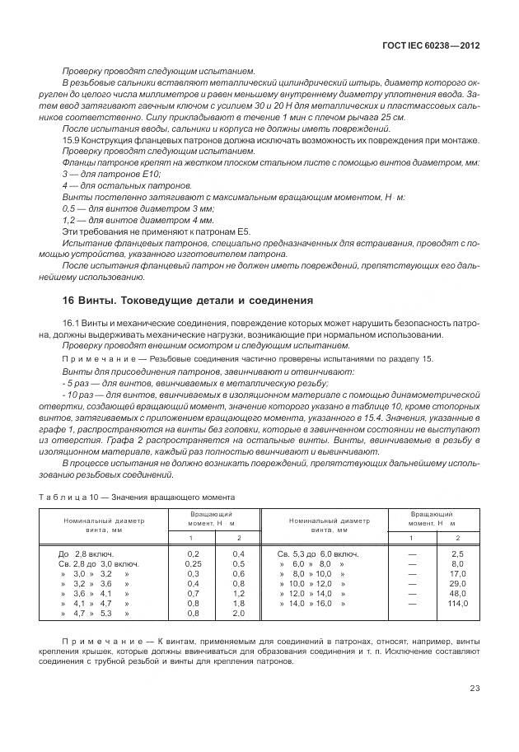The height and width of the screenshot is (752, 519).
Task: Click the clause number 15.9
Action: click(x=72, y=141)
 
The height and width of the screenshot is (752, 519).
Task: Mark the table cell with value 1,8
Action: click(x=239, y=604)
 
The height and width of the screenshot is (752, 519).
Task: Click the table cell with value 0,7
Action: click(x=194, y=593)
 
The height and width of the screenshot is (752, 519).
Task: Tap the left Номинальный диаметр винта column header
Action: click(x=104, y=525)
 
